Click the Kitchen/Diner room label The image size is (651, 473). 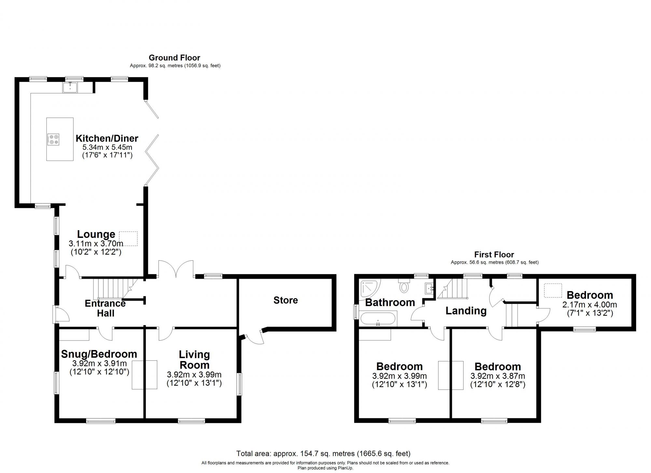[x=107, y=138]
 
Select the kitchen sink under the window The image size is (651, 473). [x=70, y=87]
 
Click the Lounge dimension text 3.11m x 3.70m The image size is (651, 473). [x=96, y=243]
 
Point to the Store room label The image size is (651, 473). [x=285, y=300]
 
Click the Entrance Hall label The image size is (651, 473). [x=105, y=308]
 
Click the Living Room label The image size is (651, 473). [x=194, y=359]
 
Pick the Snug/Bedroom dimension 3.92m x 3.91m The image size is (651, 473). [x=99, y=363]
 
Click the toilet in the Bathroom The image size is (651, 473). [x=404, y=286]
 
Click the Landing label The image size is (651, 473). [x=466, y=311]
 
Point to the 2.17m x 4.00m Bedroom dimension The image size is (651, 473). [x=589, y=305]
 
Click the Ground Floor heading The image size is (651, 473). [x=174, y=58]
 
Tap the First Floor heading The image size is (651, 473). [x=494, y=254]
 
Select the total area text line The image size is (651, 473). [x=323, y=453]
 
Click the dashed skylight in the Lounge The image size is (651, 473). [x=128, y=238]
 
